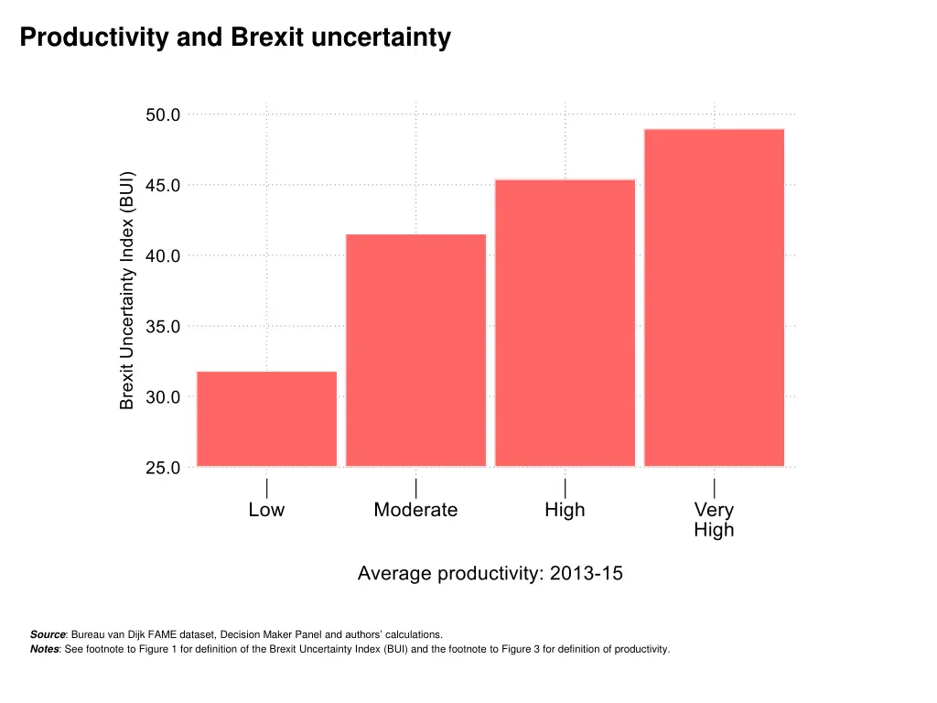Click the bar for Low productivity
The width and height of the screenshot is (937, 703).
(x=266, y=418)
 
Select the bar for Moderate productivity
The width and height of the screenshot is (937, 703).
(x=415, y=350)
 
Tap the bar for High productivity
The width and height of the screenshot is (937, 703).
(x=565, y=322)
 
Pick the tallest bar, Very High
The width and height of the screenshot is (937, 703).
(x=714, y=297)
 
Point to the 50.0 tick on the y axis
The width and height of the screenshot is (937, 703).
(x=163, y=114)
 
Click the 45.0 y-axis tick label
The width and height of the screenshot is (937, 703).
(x=163, y=185)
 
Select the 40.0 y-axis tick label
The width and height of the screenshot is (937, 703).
(x=163, y=255)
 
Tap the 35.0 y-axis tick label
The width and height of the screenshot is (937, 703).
(x=163, y=326)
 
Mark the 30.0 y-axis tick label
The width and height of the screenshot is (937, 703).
(x=163, y=397)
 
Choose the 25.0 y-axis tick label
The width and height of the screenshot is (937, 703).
(x=163, y=468)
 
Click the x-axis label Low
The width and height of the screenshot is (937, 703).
(x=266, y=510)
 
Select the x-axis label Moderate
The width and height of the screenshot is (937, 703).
(x=415, y=510)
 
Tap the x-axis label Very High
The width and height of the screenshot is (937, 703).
(x=714, y=520)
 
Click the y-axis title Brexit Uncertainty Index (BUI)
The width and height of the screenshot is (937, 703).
(x=127, y=291)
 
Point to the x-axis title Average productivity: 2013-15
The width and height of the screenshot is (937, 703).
(x=490, y=574)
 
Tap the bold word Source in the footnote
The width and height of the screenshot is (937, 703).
(x=48, y=633)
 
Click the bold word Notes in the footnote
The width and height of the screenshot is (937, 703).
(x=45, y=650)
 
